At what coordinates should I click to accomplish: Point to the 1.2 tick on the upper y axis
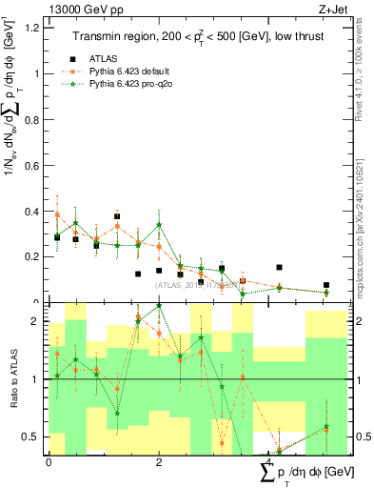pos(37,27)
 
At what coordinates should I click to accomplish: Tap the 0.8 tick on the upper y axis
pos(37,119)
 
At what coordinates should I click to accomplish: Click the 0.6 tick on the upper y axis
pos(37,165)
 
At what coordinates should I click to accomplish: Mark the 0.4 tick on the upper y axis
pos(37,211)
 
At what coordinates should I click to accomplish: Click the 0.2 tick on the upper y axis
pos(37,256)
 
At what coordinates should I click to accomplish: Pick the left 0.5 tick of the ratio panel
pos(37,437)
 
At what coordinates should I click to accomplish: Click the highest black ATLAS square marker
pos(117,216)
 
